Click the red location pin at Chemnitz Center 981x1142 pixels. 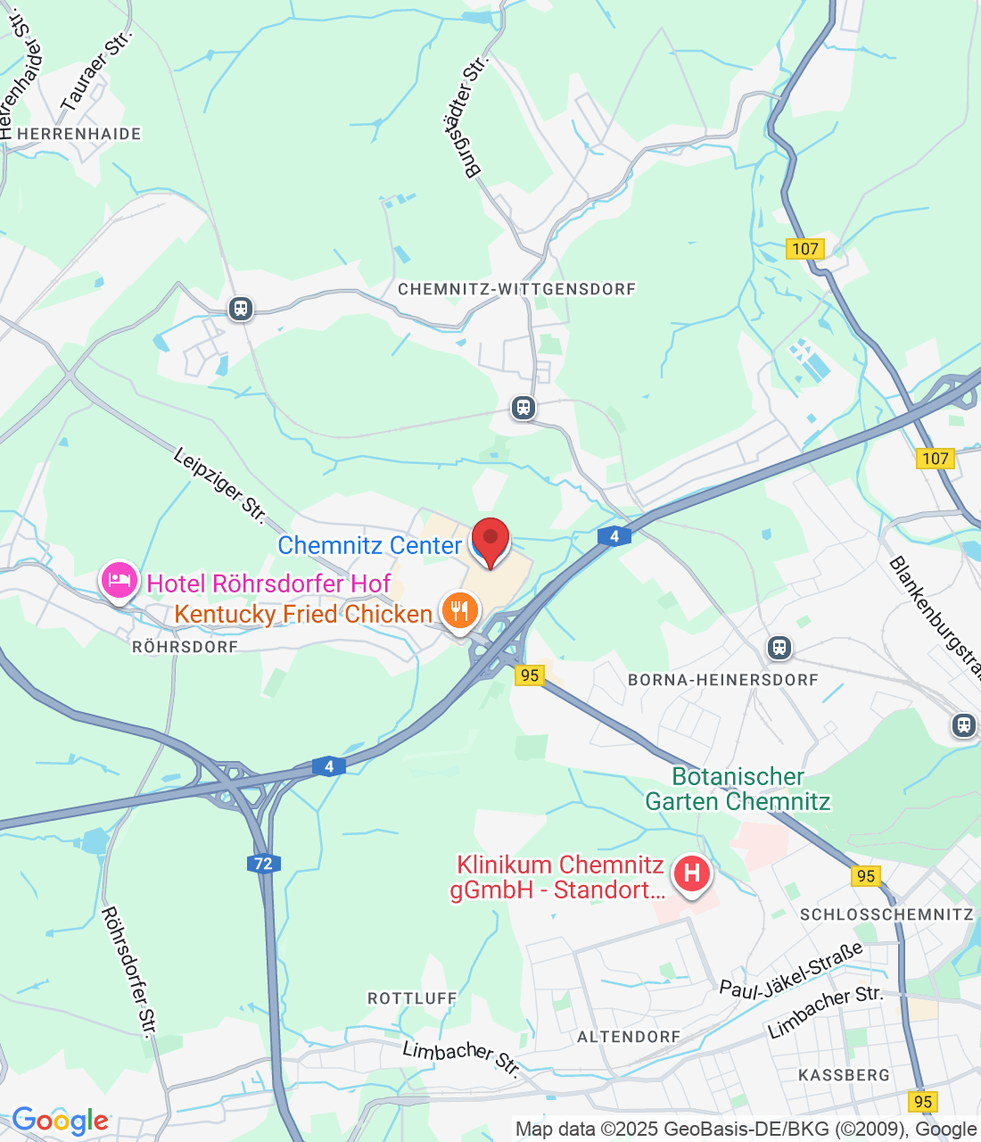tap(490, 541)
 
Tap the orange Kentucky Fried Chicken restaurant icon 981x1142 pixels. tap(459, 611)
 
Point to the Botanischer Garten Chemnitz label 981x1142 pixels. tap(738, 789)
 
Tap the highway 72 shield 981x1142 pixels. tap(263, 863)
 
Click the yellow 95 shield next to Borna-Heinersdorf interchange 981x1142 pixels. tap(530, 675)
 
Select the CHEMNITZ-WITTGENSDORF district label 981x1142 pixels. tap(517, 289)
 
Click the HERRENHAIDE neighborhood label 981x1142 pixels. tap(79, 134)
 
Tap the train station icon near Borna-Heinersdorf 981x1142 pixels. tap(779, 647)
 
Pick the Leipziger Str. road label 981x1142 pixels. tap(219, 485)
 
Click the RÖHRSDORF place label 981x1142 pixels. tap(185, 647)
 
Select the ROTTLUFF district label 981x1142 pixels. tap(412, 998)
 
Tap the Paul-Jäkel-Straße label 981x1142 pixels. tap(792, 969)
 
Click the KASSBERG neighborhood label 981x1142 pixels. tap(844, 1075)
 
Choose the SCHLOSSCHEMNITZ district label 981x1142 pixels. tap(886, 914)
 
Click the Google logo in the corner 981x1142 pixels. tap(60, 1121)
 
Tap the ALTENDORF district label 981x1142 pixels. tap(629, 1037)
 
